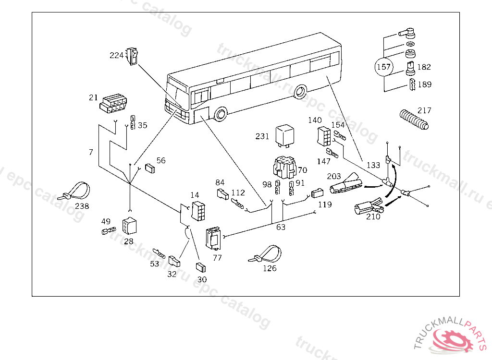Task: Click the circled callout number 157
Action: [383, 67]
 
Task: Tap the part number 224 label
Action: [116, 56]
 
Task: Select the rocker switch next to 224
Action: [132, 55]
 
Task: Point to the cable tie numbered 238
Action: [75, 192]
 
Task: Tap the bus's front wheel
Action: [221, 114]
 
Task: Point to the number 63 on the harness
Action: [281, 227]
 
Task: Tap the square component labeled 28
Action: [130, 226]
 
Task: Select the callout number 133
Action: [373, 165]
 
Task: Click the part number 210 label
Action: [373, 216]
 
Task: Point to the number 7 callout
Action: [91, 152]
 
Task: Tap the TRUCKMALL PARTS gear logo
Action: [452, 338]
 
